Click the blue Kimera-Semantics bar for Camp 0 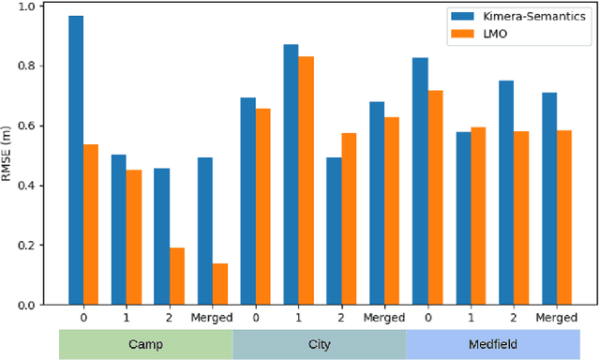pos(76,160)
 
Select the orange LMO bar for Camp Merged pos(219,284)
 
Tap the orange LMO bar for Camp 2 pos(176,277)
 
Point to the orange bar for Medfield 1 pos(478,216)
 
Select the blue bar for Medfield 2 pos(506,192)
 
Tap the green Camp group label pos(145,344)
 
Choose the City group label pos(319,344)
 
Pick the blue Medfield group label pos(492,344)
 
